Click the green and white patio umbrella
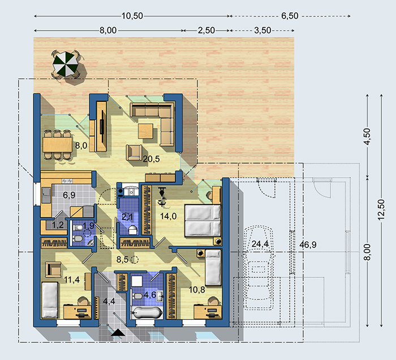point(65,63)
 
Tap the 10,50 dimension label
point(132,16)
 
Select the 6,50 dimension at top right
point(290,16)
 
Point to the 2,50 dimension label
point(206,31)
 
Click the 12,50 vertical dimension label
point(381,209)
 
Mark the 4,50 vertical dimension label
point(367,136)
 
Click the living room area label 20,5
point(151,159)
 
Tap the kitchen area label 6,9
point(69,195)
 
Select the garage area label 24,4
point(260,244)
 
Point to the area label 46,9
point(308,245)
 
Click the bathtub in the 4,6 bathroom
point(147,313)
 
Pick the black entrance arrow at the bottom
point(118,332)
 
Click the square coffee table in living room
point(146,131)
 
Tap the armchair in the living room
point(134,153)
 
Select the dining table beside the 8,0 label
point(58,144)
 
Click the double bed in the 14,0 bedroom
point(203,221)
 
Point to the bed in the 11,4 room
point(50,300)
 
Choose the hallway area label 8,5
point(123,259)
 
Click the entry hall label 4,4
point(109,301)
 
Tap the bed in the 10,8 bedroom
point(213,267)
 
